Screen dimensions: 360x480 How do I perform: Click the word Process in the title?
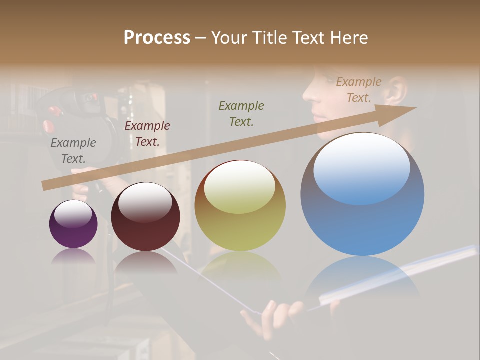pos(157,38)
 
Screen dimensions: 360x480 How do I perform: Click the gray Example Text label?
pos(73,151)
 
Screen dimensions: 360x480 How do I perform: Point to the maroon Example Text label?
pos(147,134)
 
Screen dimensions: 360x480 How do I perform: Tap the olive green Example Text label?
pos(241,113)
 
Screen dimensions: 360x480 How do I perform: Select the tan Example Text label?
pos(359,90)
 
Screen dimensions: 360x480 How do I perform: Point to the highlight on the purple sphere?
pos(73,214)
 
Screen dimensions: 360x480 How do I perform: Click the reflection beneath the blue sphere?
pos(362,280)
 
